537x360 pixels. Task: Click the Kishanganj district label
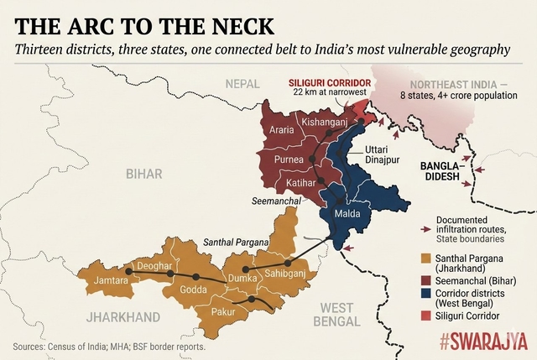click(x=324, y=123)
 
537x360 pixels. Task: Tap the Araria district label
click(x=283, y=130)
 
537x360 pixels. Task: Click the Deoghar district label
click(x=154, y=266)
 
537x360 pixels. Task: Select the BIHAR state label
click(x=143, y=174)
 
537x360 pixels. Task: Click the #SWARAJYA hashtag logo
click(x=483, y=341)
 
